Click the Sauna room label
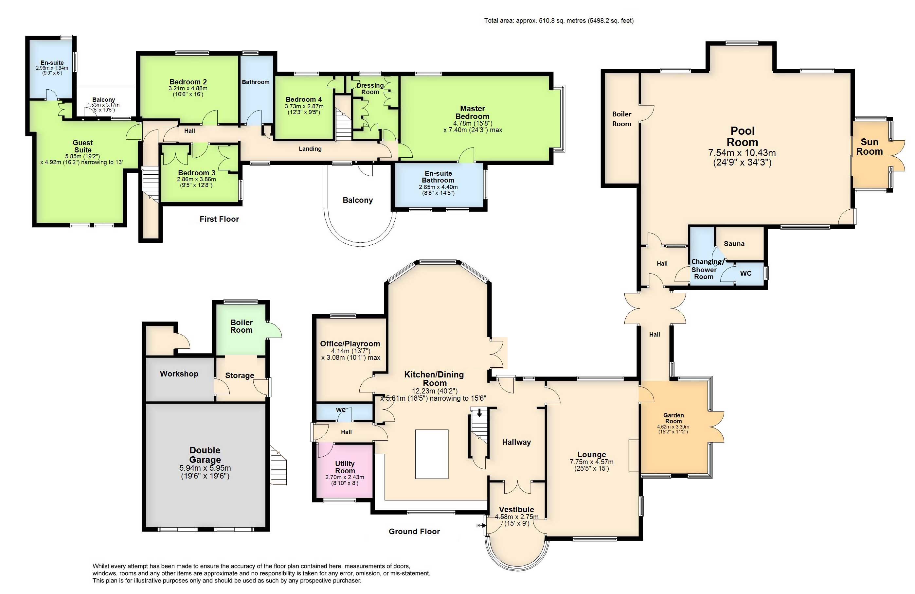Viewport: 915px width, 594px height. [x=734, y=244]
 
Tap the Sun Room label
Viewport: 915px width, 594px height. [x=869, y=147]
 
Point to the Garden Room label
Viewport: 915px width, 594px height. [x=673, y=418]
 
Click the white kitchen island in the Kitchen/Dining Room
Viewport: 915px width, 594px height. [x=432, y=454]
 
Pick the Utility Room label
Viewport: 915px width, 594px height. [x=345, y=467]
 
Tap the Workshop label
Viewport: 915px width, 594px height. [x=179, y=374]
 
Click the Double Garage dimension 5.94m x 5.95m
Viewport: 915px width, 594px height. [x=205, y=468]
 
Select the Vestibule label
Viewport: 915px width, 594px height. [x=516, y=510]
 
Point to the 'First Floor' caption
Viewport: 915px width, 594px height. [x=219, y=219]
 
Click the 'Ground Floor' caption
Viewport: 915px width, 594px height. [x=414, y=532]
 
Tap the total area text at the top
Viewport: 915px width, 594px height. [x=559, y=21]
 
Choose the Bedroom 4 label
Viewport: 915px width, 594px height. [x=304, y=99]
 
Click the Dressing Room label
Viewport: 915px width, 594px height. [x=370, y=89]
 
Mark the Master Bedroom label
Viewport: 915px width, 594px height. [x=473, y=112]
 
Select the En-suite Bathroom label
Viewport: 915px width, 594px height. [x=438, y=177]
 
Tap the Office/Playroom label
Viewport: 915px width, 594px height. [x=350, y=344]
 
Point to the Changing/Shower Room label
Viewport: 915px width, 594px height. [x=707, y=269]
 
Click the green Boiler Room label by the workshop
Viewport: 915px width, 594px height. [x=242, y=326]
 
